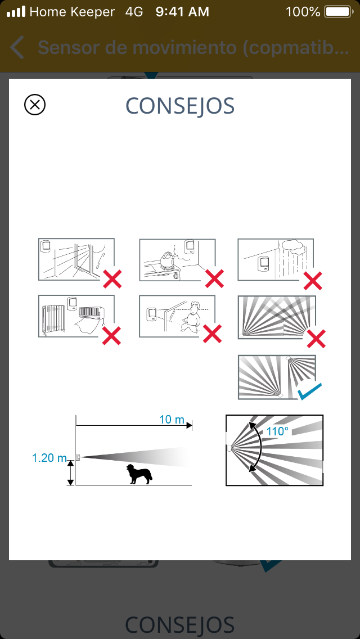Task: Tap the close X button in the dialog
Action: (x=35, y=105)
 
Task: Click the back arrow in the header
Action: (x=17, y=47)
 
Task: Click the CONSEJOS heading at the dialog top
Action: (x=180, y=106)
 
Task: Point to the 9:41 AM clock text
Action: (x=183, y=12)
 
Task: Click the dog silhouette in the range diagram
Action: (x=139, y=474)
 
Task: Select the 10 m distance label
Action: (x=172, y=419)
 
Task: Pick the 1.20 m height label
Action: (x=49, y=458)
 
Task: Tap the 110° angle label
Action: (x=278, y=431)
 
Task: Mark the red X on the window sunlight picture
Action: (x=112, y=279)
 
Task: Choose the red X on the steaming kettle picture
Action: (x=214, y=279)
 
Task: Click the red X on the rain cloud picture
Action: (x=313, y=280)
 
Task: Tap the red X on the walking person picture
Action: (x=213, y=334)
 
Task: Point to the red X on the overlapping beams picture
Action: (x=316, y=339)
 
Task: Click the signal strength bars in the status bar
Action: (x=16, y=11)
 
